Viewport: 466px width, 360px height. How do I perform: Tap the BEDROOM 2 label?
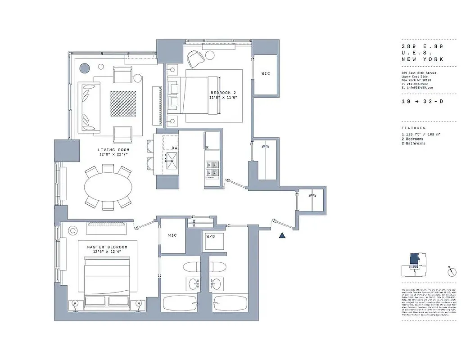(224, 93)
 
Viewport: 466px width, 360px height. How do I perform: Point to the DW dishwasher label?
(174, 148)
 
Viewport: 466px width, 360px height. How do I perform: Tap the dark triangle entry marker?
(282, 235)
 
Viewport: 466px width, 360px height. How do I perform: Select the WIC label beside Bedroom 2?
(266, 73)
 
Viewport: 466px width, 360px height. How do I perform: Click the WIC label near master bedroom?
(172, 235)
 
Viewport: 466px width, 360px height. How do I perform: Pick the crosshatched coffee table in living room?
(123, 103)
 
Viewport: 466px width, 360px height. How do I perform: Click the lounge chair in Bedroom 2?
(195, 59)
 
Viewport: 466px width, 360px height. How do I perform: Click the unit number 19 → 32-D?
(422, 102)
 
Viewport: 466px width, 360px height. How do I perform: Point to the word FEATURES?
(413, 128)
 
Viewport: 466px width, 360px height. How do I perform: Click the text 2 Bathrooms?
(413, 143)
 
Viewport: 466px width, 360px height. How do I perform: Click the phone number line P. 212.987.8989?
(418, 84)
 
